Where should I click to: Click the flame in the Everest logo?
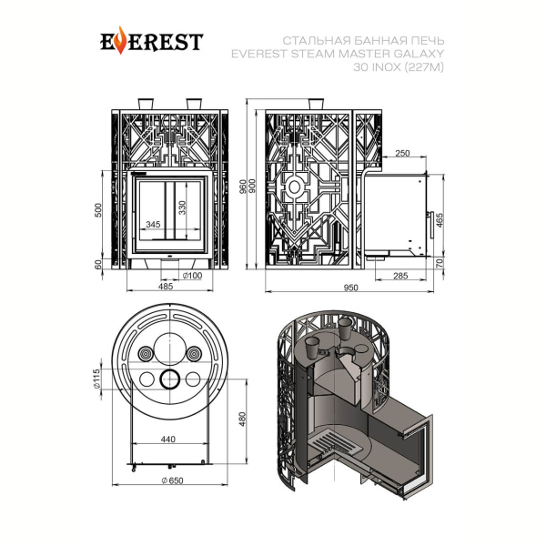tap(120, 40)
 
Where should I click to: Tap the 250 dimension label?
tap(402, 153)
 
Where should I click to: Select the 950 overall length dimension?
tap(350, 288)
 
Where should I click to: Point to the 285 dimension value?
tap(400, 276)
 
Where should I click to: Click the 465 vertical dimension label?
tap(440, 220)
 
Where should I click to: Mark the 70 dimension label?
tap(440, 263)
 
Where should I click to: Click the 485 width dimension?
tap(166, 287)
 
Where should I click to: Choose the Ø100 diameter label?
tap(193, 276)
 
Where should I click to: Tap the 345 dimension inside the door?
tap(153, 224)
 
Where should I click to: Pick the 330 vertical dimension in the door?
tap(183, 207)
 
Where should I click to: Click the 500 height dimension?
tap(98, 210)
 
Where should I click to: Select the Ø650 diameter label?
tap(172, 480)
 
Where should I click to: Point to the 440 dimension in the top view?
tap(167, 440)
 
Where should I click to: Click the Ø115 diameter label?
tap(96, 379)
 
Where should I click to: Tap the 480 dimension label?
tap(243, 419)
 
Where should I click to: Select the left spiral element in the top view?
tap(147, 355)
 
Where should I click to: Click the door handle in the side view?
tap(431, 225)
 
